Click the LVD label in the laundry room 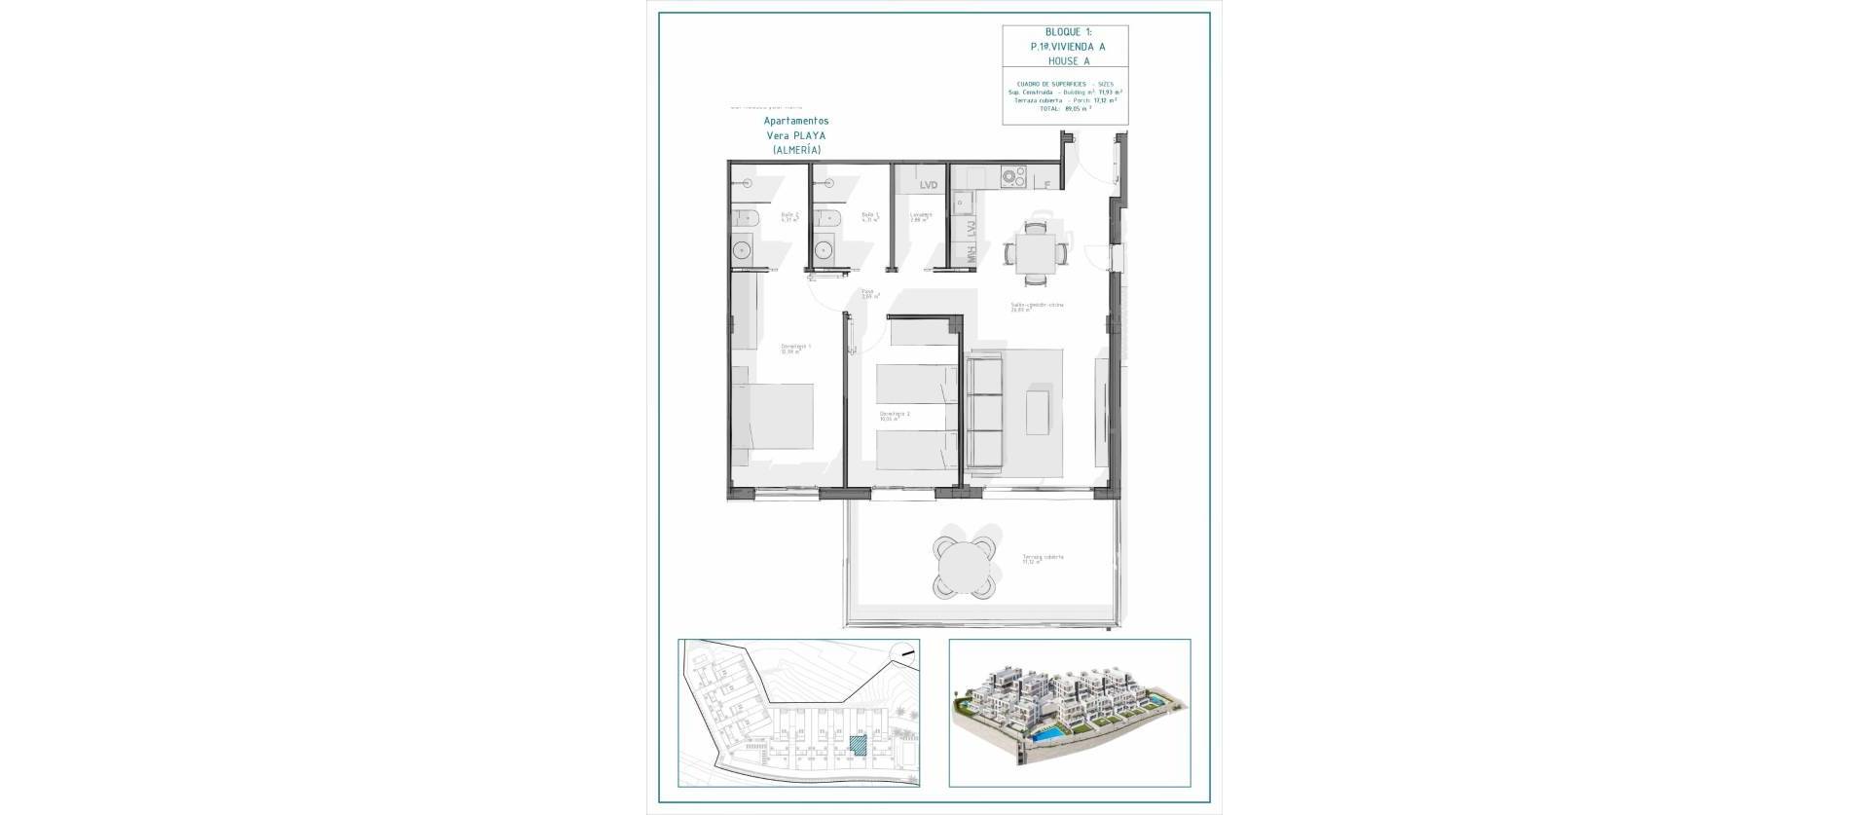(929, 184)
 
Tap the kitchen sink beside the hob (962, 203)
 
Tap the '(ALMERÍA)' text (796, 150)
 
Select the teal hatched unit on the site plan (860, 744)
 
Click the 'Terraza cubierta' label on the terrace (1043, 558)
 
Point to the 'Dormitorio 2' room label (895, 414)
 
